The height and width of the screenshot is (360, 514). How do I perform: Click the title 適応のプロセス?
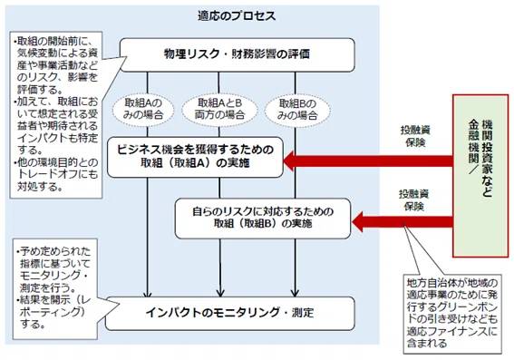click(x=237, y=15)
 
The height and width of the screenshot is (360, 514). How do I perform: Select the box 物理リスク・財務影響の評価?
click(x=237, y=54)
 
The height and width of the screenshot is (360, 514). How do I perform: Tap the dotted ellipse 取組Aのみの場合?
click(x=143, y=109)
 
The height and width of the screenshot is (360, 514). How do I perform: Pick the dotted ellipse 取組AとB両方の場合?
click(x=219, y=109)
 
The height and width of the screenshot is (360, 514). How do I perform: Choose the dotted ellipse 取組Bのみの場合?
click(x=297, y=110)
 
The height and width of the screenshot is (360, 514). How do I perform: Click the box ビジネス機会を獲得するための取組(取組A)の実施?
click(x=195, y=157)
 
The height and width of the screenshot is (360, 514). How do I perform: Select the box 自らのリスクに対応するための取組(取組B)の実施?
click(x=263, y=218)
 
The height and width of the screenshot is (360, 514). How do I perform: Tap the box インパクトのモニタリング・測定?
click(x=229, y=313)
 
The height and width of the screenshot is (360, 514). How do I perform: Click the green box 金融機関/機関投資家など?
click(x=480, y=175)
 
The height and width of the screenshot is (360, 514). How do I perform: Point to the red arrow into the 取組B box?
click(x=402, y=221)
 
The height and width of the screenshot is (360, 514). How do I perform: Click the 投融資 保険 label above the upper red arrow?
click(x=415, y=136)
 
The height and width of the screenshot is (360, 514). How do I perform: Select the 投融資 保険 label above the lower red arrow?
click(x=413, y=200)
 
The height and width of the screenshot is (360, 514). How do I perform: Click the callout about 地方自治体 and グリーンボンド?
click(x=452, y=314)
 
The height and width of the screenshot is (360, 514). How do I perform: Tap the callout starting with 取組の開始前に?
click(x=56, y=115)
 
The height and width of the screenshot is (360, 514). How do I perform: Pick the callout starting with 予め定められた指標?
click(x=55, y=288)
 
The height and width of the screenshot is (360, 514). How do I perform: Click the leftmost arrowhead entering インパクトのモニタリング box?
click(x=148, y=293)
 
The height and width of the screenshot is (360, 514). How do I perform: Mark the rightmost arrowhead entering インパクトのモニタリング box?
click(x=295, y=293)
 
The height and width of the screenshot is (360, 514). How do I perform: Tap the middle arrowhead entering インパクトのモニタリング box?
click(x=220, y=293)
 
